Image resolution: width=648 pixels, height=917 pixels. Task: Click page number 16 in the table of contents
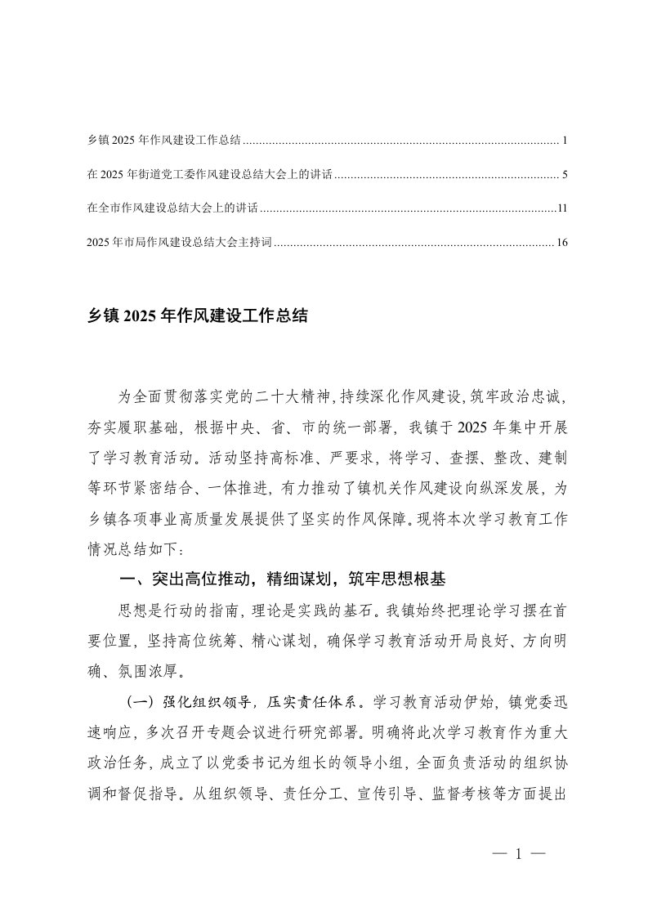point(561,243)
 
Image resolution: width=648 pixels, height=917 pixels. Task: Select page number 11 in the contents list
point(561,209)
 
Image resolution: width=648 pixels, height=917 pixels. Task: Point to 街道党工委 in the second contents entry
point(171,175)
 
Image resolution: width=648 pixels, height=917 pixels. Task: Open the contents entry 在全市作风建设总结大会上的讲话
point(172,209)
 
